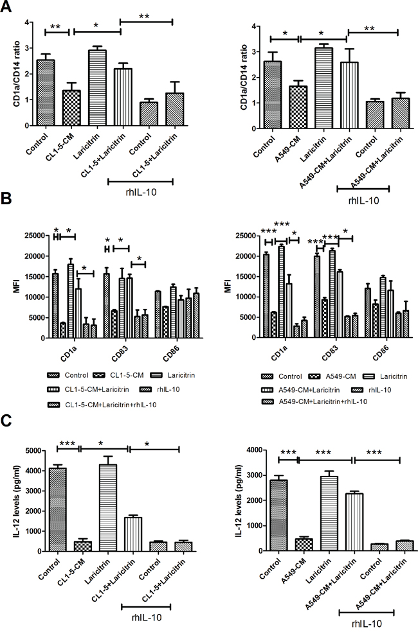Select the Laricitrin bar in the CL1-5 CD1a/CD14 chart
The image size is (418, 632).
coord(96,87)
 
